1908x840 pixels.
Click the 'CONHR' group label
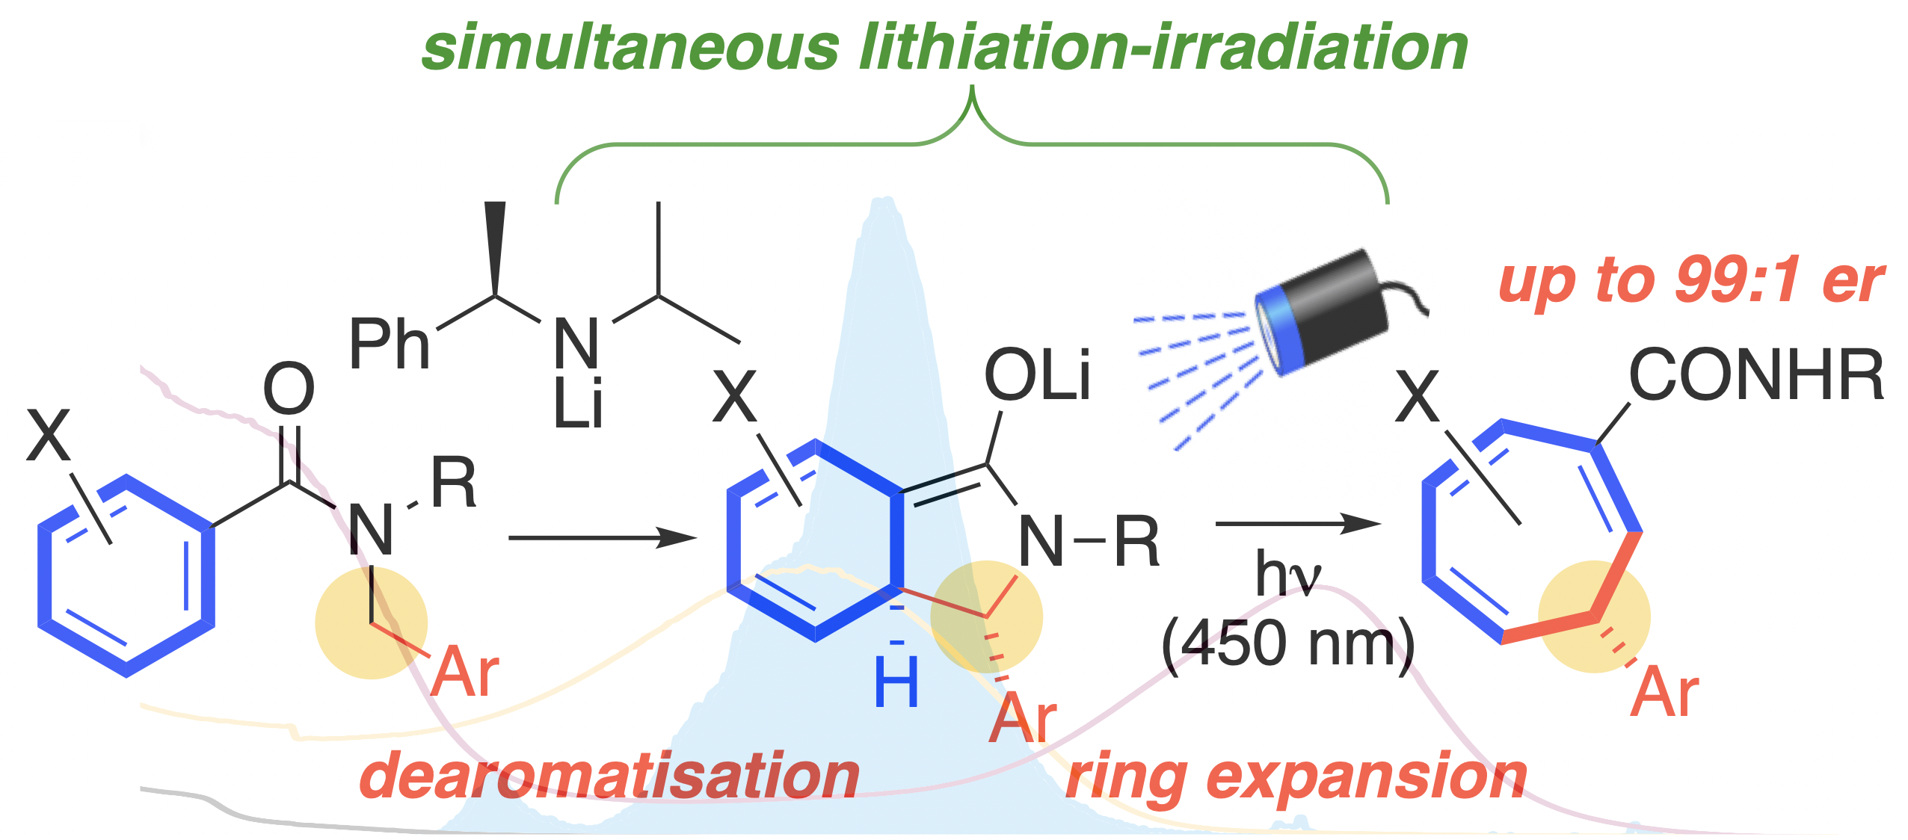(x=1756, y=375)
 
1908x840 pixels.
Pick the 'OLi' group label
(x=1037, y=375)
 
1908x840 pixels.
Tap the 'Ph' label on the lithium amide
(x=389, y=345)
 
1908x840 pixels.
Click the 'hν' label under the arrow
(x=1287, y=575)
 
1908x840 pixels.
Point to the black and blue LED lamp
(x=1320, y=312)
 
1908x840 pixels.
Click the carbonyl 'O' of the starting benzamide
(x=288, y=389)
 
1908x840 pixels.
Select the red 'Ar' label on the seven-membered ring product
(x=1665, y=694)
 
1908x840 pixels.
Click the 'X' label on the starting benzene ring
(x=48, y=435)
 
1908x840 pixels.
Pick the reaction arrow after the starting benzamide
(x=602, y=537)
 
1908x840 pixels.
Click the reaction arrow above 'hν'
(x=1297, y=523)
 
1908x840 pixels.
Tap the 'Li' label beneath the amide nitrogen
(x=578, y=405)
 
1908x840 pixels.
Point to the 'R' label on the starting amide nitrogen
(x=454, y=484)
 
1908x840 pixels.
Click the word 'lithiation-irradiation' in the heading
(x=1163, y=48)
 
